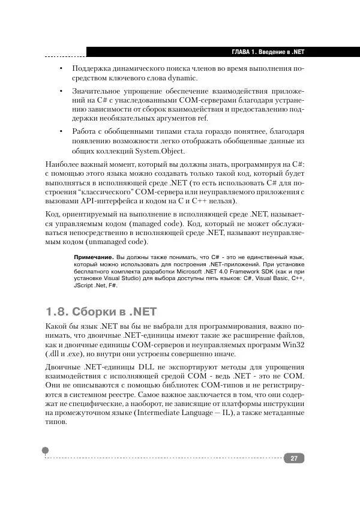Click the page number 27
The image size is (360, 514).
click(294, 459)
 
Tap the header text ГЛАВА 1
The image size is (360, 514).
click(247, 52)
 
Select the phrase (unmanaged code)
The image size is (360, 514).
click(109, 242)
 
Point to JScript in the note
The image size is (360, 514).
click(85, 285)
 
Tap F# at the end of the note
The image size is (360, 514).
click(113, 285)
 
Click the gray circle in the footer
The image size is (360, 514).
click(46, 450)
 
